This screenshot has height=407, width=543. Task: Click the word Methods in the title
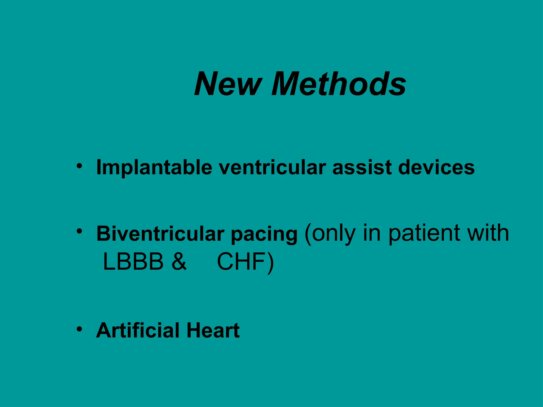tap(339, 84)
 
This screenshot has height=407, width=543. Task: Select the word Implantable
tap(154, 168)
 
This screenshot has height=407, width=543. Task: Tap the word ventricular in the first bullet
tap(272, 168)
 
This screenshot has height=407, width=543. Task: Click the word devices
tap(436, 168)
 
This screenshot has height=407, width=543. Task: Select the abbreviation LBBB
tap(133, 262)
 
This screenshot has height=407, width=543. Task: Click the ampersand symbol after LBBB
tap(179, 262)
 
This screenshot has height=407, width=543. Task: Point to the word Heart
tap(213, 330)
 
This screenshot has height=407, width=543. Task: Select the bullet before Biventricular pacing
tap(79, 231)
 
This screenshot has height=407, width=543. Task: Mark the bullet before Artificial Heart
tap(79, 329)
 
